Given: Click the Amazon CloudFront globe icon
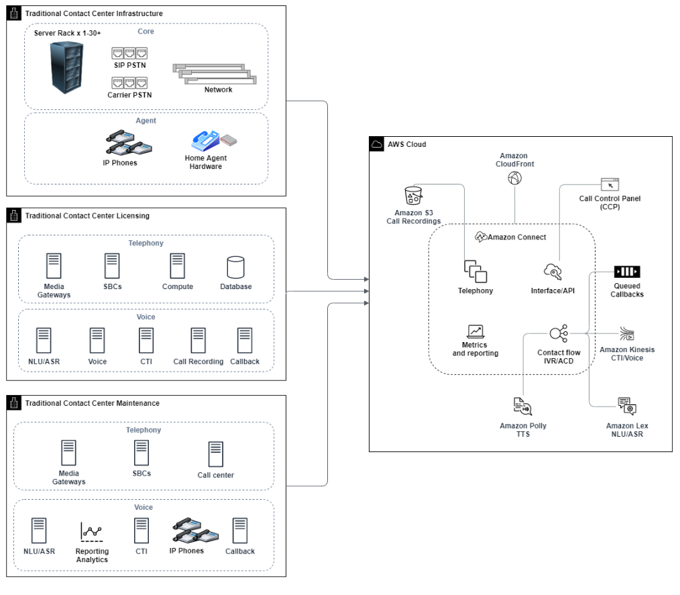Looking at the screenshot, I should coord(515,178).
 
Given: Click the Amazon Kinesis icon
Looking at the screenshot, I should coord(626,335).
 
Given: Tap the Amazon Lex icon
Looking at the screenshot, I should coord(626,407).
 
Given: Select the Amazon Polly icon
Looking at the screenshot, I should coord(522,407).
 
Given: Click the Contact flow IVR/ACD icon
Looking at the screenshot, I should coord(558,333).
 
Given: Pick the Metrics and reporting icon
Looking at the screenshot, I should coord(475,331).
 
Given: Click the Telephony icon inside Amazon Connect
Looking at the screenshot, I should coord(475,271).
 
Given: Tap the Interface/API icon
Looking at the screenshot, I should coord(553,272).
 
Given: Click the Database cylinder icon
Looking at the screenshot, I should coord(235,266).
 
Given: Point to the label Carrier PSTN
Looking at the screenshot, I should coord(129,95).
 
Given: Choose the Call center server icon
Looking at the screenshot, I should coord(215,454).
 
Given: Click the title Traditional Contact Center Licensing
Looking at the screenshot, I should coord(87,216).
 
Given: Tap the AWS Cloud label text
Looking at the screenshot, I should coord(406,144).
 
